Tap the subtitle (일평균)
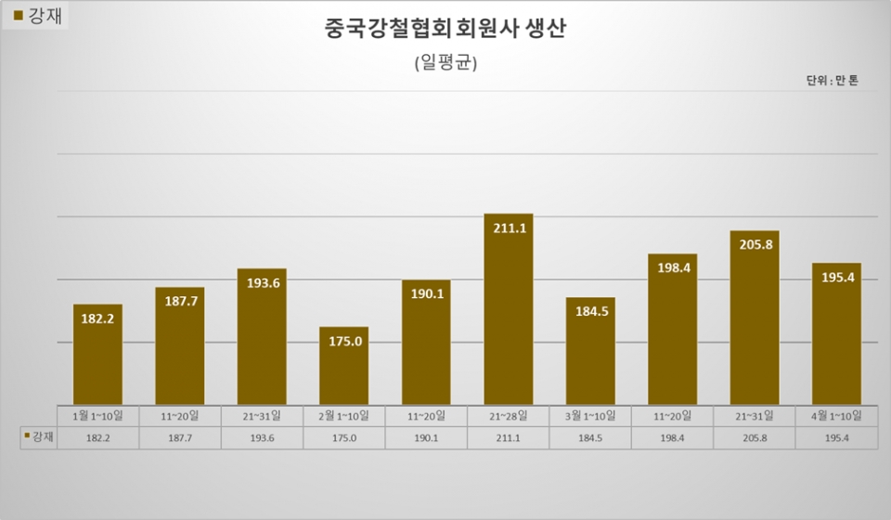pyautogui.click(x=445, y=62)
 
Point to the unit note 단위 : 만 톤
pyautogui.click(x=832, y=81)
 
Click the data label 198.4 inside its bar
pyautogui.click(x=672, y=268)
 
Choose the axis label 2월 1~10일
pyautogui.click(x=344, y=415)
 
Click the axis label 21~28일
pyautogui.click(x=509, y=415)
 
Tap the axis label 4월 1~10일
pyautogui.click(x=836, y=415)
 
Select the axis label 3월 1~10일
pyautogui.click(x=590, y=415)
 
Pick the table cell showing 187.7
pyautogui.click(x=180, y=435)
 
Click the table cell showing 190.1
pyautogui.click(x=426, y=435)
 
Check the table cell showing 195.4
pyautogui.click(x=836, y=435)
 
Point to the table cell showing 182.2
pyautogui.click(x=97, y=435)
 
